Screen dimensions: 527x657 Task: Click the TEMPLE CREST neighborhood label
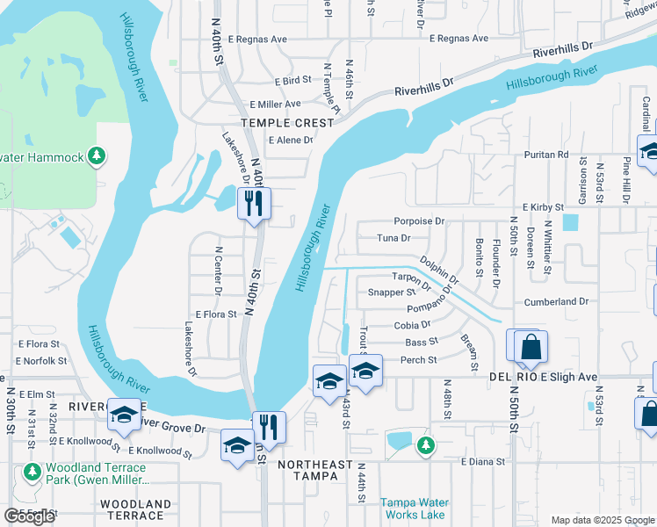289,123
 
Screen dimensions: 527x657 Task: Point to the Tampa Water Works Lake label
413,509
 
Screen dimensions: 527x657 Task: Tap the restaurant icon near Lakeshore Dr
254,204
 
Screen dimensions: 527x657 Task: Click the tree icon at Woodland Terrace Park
32,473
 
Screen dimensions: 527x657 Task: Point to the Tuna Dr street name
393,238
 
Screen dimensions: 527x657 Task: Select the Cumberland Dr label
556,301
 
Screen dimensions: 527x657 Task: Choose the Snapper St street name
391,292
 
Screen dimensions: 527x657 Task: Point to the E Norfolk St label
40,361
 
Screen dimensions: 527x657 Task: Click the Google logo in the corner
29,516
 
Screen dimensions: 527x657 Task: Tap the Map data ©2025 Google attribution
602,520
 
